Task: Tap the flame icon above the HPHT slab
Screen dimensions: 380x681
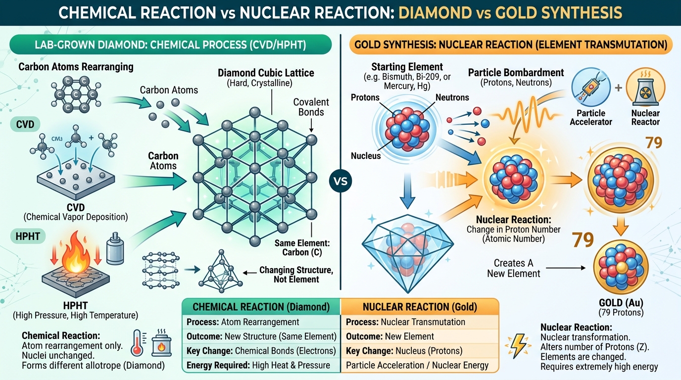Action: point(75,254)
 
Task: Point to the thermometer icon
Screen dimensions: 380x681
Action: point(138,342)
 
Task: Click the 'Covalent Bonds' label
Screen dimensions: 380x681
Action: point(311,107)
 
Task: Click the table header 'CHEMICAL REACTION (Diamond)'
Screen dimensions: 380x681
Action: point(261,307)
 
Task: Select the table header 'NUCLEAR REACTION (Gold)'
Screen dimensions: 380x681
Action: point(420,307)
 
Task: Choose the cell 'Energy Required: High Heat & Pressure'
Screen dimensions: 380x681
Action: point(258,365)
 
